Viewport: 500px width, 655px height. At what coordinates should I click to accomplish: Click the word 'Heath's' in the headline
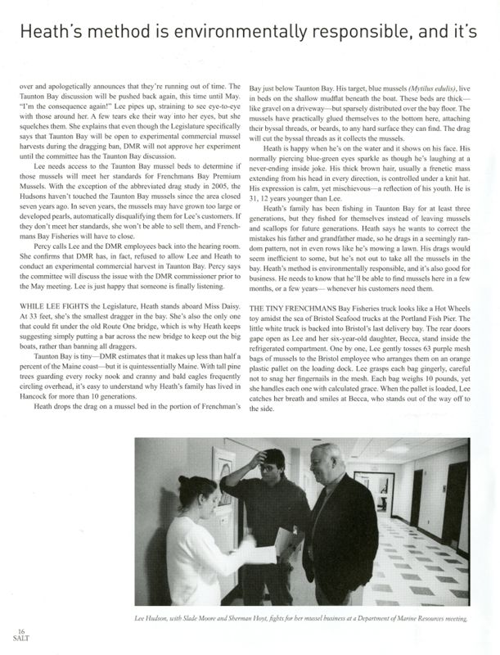[52, 33]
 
